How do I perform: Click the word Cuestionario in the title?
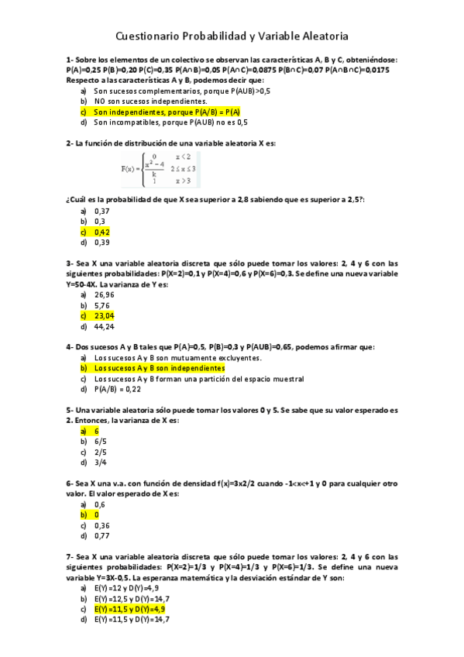150,36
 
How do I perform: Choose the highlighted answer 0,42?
102,232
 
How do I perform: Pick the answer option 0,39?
102,242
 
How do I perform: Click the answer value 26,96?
104,295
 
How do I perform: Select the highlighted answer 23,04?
104,316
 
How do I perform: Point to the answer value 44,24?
104,326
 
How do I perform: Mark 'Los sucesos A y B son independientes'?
159,369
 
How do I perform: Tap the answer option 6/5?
101,442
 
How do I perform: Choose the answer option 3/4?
101,463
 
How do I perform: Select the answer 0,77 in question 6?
102,535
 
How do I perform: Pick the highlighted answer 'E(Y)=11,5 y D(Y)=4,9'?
129,609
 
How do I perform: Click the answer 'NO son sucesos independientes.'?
139,101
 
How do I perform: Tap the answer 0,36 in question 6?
102,525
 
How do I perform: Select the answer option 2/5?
101,452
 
